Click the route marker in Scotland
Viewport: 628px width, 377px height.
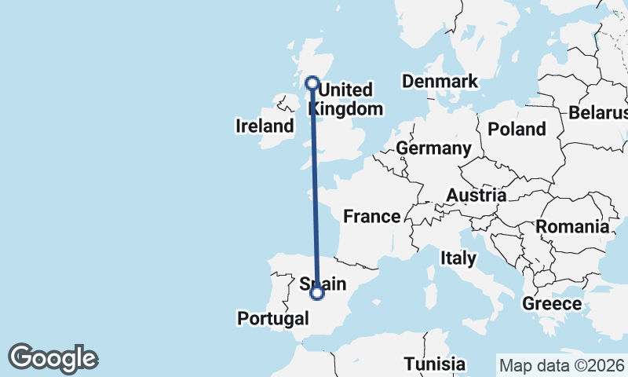pyautogui.click(x=312, y=83)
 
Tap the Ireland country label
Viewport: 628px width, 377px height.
pyautogui.click(x=265, y=126)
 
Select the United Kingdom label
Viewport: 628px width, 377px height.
pyautogui.click(x=350, y=99)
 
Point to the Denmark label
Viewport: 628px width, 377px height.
pyautogui.click(x=440, y=82)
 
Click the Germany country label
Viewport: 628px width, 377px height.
pyautogui.click(x=433, y=148)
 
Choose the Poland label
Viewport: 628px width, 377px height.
pyautogui.click(x=517, y=129)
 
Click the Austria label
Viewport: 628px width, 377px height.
pyautogui.click(x=476, y=195)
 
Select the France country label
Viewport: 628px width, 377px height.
pyautogui.click(x=372, y=216)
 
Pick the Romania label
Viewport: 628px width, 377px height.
pyautogui.click(x=572, y=227)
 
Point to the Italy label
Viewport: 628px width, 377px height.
pyautogui.click(x=458, y=258)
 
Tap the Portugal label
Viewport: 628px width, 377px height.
pyautogui.click(x=272, y=318)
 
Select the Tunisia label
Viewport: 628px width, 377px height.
pyautogui.click(x=435, y=364)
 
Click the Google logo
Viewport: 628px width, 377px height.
pyautogui.click(x=53, y=358)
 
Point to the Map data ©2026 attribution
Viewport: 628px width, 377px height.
pyautogui.click(x=560, y=365)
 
